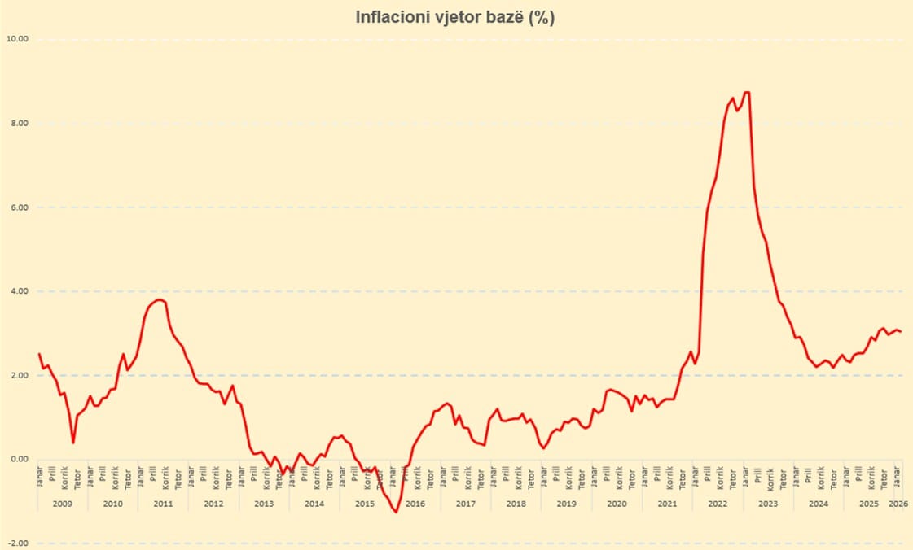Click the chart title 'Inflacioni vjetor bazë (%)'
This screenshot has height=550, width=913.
pyautogui.click(x=455, y=17)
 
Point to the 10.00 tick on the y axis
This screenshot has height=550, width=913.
pyautogui.click(x=16, y=39)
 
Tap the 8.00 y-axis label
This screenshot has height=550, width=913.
pyautogui.click(x=18, y=123)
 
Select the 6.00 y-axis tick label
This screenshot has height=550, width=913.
pyautogui.click(x=18, y=207)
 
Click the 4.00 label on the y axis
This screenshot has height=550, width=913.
pyautogui.click(x=18, y=291)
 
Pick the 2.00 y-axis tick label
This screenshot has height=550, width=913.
pyautogui.click(x=18, y=375)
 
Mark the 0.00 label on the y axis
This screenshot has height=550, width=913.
pyautogui.click(x=18, y=459)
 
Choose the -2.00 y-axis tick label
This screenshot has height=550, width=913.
pyautogui.click(x=16, y=543)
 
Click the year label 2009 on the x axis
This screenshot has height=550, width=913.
pyautogui.click(x=62, y=504)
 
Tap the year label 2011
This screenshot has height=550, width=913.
pyautogui.click(x=163, y=504)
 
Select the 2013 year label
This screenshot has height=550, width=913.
pyautogui.click(x=264, y=504)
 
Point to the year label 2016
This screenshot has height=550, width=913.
pyautogui.click(x=415, y=504)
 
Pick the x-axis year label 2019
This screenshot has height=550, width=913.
pyautogui.click(x=567, y=504)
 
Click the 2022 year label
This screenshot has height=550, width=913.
pyautogui.click(x=718, y=504)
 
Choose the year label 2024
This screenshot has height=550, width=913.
pyautogui.click(x=819, y=504)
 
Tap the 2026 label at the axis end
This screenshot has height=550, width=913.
pyautogui.click(x=898, y=504)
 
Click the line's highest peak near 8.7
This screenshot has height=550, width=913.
pyautogui.click(x=746, y=93)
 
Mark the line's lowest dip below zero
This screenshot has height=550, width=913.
pyautogui.click(x=396, y=512)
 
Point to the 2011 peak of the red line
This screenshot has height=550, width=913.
pyautogui.click(x=160, y=299)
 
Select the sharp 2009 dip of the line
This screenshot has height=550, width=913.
pyautogui.click(x=73, y=443)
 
